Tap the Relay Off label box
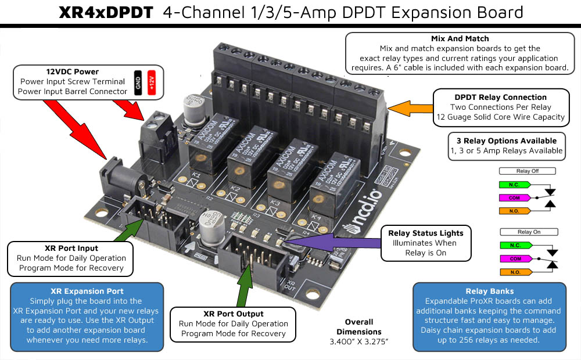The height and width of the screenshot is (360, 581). pos(528,171)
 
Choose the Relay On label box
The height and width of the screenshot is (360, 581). pos(528,232)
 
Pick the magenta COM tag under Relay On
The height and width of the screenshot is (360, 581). pos(515,258)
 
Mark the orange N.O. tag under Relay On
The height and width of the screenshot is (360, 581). pos(515,271)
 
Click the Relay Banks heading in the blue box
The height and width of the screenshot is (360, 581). pos(489,291)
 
